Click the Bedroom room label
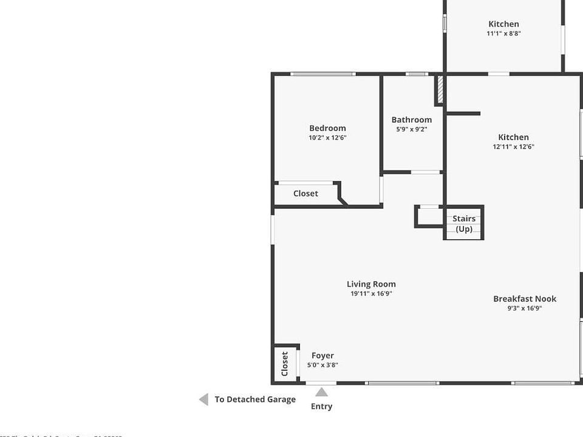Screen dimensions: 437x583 point(327,128)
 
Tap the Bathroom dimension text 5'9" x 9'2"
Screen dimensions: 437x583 point(412,129)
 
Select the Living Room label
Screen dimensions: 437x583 point(371,284)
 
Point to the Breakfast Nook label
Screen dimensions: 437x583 point(525,299)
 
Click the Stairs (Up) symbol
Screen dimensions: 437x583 point(464,224)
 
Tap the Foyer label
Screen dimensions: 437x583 point(322,356)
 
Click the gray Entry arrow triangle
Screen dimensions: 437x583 point(321,392)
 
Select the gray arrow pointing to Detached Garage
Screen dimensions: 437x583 point(203,399)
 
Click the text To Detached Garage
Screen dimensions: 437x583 point(255,399)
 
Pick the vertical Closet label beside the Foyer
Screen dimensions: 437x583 point(285,364)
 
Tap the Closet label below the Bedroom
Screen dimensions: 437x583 point(305,194)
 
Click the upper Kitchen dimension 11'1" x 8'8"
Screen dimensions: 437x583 point(503,34)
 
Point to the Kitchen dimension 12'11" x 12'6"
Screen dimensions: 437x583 point(513,147)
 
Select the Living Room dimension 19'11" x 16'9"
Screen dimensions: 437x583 point(371,294)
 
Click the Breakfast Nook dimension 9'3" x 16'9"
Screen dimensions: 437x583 point(525,308)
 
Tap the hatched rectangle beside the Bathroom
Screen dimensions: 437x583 point(440,89)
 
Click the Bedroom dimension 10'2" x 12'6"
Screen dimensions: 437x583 point(327,138)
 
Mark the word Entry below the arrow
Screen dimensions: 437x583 point(321,407)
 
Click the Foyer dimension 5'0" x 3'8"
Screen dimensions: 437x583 point(322,365)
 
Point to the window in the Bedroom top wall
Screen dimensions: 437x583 point(322,74)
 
